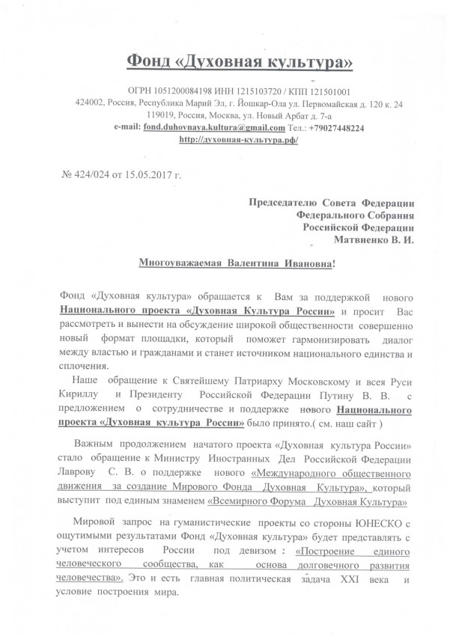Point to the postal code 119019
pos(165,115)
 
